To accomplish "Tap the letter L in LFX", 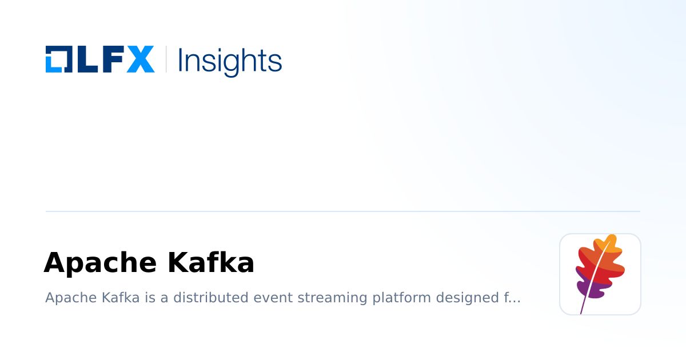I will click(85, 59).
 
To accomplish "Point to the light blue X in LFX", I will click(140, 59).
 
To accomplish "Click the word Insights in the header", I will click(230, 60).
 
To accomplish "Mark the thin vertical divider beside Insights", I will click(166, 59).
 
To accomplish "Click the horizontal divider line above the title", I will click(343, 211).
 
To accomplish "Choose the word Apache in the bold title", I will click(100, 263).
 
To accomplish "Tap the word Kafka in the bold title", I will click(210, 263).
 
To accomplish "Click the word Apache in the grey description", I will click(64, 298).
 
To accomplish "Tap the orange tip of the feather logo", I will click(611, 242).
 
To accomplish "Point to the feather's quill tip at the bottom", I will click(581, 312).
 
